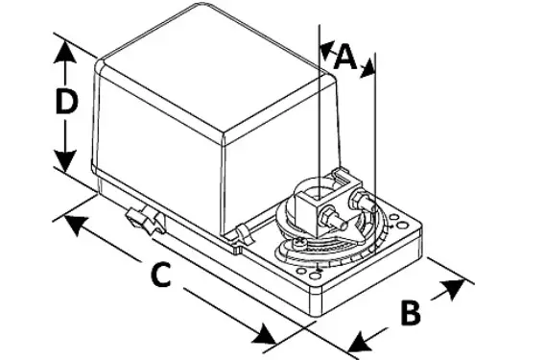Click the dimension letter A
coord(346,58)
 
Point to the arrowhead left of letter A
coord(326,48)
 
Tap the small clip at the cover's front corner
coord(240,234)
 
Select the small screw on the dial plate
coord(300,244)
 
